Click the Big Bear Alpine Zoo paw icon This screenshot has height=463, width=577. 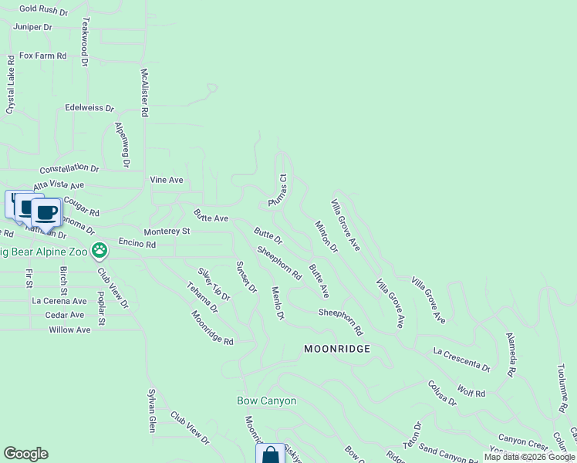[99, 250]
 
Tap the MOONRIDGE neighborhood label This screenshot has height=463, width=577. [337, 349]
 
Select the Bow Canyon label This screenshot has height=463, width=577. [266, 401]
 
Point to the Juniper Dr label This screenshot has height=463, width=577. [32, 27]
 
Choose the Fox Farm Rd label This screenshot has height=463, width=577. [43, 56]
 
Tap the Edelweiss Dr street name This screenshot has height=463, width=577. [89, 109]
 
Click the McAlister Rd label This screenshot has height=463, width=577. [143, 93]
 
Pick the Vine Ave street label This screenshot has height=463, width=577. [167, 181]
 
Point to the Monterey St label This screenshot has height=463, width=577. [167, 231]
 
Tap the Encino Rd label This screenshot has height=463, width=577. [137, 244]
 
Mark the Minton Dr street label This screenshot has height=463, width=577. [326, 237]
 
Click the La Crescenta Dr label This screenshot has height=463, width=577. [461, 359]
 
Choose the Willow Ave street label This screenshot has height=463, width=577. [69, 330]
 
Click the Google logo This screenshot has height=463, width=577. [25, 454]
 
